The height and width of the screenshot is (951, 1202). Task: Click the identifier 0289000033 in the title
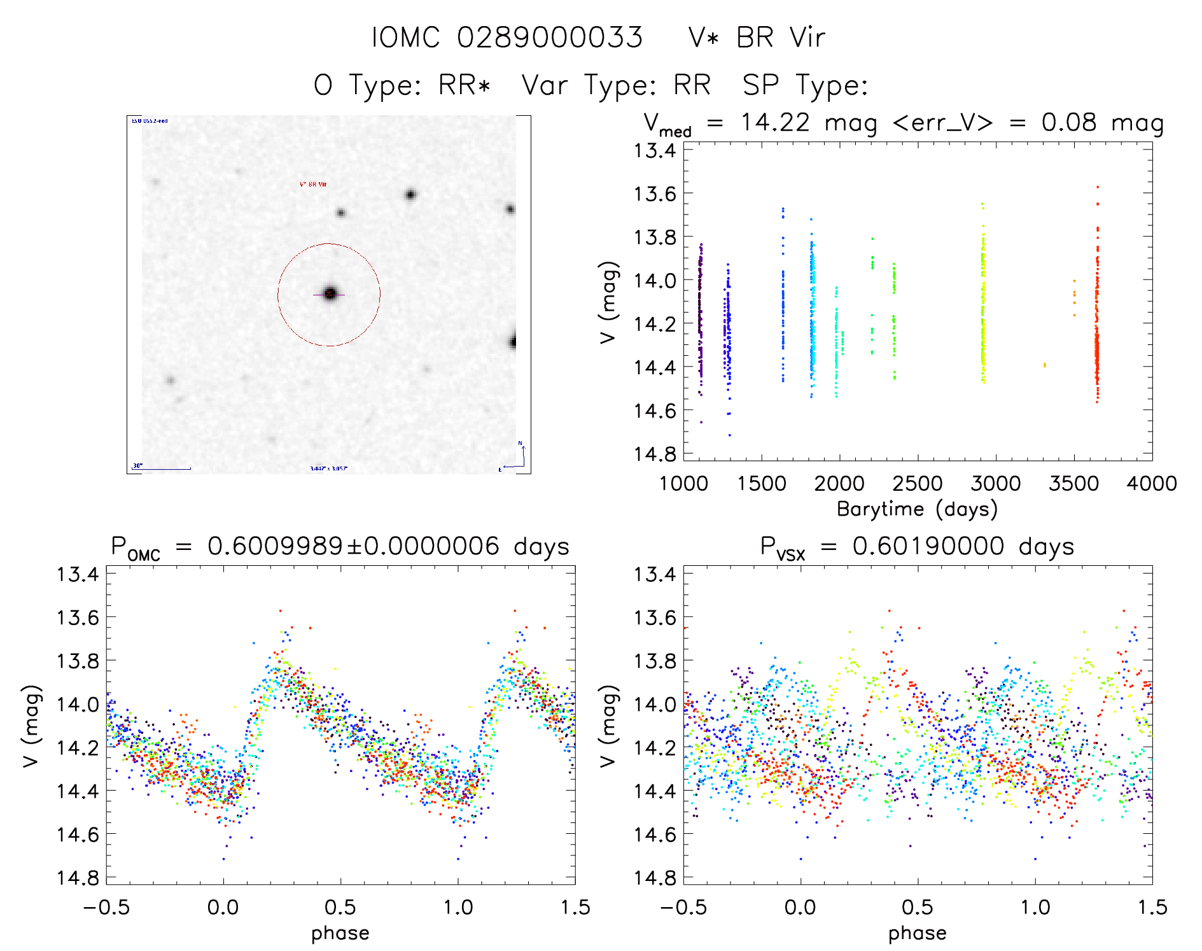click(x=550, y=38)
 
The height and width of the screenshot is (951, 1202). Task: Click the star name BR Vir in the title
click(x=780, y=38)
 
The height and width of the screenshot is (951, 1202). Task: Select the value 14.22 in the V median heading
click(x=774, y=122)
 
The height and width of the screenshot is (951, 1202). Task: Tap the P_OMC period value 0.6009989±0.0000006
click(x=353, y=546)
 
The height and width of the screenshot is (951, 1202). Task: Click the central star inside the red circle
click(x=330, y=293)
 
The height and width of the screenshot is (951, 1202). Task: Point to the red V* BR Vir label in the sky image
click(x=313, y=184)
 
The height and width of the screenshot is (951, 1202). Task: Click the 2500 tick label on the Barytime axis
click(x=918, y=484)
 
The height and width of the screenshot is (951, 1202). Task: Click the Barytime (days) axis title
click(x=917, y=509)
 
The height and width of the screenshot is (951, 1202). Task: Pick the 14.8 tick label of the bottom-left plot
click(x=78, y=878)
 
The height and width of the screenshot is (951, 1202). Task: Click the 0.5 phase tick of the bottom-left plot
click(x=340, y=907)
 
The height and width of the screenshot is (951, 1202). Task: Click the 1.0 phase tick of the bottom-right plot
click(x=1035, y=907)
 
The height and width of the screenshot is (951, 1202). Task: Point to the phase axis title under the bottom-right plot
click(x=917, y=933)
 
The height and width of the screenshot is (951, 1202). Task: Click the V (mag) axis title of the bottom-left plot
click(x=32, y=726)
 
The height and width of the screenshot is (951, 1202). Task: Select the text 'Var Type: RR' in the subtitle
click(x=616, y=85)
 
